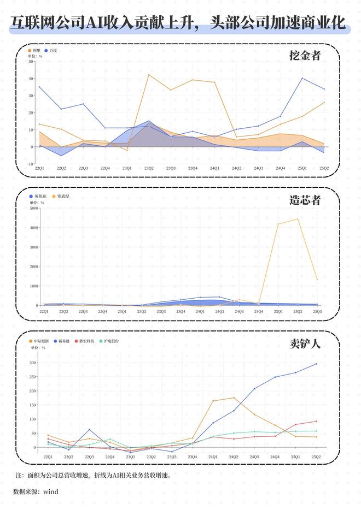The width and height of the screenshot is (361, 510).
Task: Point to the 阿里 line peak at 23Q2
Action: click(x=149, y=74)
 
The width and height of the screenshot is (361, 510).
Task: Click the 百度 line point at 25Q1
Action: click(x=302, y=78)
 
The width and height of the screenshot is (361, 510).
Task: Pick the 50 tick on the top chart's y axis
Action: click(x=31, y=61)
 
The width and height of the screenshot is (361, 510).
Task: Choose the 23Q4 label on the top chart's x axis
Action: click(x=193, y=168)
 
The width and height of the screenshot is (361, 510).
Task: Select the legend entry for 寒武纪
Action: click(x=61, y=196)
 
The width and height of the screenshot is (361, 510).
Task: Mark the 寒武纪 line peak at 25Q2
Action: click(x=298, y=219)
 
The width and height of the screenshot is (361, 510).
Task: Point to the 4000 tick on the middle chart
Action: click(x=34, y=227)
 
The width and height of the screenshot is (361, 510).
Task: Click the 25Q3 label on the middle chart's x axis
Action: click(x=317, y=311)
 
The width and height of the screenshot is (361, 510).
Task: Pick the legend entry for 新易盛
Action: click(x=61, y=341)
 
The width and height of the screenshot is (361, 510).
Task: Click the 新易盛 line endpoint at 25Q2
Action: click(x=316, y=364)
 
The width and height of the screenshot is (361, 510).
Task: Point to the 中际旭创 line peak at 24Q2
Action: click(x=234, y=398)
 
